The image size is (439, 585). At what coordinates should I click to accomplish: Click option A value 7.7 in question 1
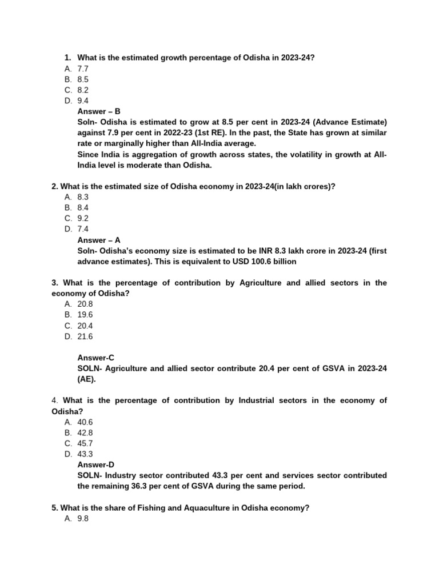click(83, 69)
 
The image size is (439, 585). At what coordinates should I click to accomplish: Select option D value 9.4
click(83, 101)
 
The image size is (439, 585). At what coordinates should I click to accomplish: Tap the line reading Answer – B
click(99, 111)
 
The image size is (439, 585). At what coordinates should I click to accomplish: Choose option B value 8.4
click(83, 208)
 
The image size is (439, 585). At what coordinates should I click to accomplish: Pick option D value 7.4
click(83, 229)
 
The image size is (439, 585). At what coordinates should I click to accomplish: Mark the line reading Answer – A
click(99, 240)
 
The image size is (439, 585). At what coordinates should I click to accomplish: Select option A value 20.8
click(85, 304)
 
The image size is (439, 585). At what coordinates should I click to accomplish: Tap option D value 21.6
click(85, 336)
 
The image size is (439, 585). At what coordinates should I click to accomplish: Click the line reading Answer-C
click(96, 358)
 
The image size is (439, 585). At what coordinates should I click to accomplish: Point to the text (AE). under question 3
click(87, 379)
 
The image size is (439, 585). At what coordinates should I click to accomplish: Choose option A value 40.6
click(85, 422)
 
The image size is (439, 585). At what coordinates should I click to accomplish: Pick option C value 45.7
click(85, 443)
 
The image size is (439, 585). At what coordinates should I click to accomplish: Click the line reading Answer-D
click(96, 465)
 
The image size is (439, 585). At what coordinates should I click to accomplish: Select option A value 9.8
click(83, 519)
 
